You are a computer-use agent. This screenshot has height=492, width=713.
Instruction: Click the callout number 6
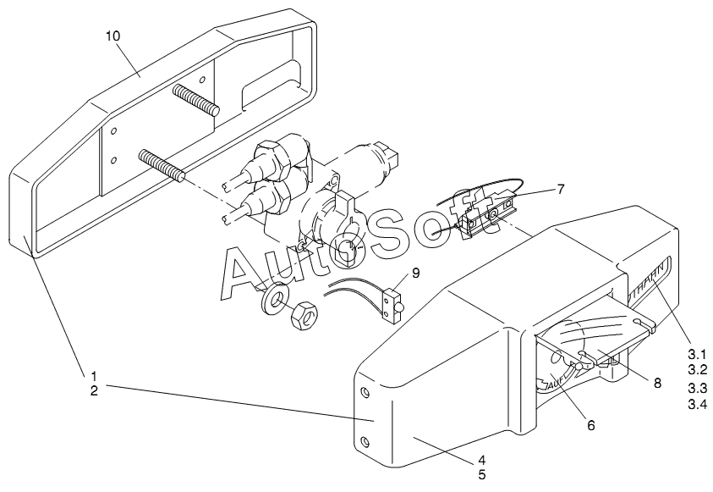click(590, 424)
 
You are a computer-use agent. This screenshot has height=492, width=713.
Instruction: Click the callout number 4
click(481, 460)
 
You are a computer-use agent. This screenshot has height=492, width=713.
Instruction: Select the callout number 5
click(481, 475)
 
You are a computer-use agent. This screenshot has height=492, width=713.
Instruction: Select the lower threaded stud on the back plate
click(163, 165)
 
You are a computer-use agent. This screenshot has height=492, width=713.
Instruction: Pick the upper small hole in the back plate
click(112, 132)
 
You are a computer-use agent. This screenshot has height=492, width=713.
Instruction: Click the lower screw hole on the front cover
click(365, 442)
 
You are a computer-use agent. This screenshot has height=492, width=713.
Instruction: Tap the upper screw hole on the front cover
click(365, 392)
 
